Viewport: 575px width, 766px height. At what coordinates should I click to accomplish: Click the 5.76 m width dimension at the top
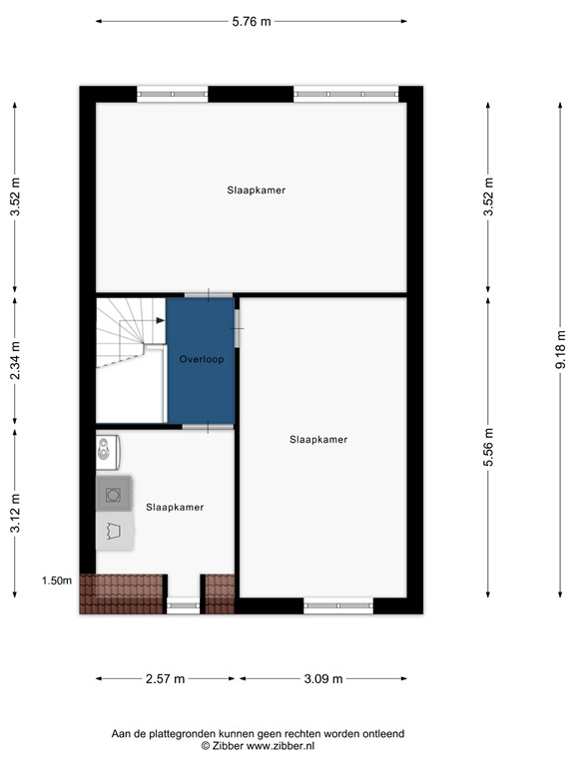tap(251, 21)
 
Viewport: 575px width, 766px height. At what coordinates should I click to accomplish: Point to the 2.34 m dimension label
tap(15, 363)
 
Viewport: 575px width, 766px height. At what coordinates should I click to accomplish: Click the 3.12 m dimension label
tap(15, 513)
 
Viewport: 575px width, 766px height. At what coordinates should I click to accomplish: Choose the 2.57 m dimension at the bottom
tap(166, 679)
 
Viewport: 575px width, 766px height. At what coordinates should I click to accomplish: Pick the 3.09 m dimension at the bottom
tap(323, 679)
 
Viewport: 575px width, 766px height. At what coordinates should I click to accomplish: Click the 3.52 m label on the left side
tap(15, 196)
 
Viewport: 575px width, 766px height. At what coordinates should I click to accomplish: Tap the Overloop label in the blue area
tap(201, 358)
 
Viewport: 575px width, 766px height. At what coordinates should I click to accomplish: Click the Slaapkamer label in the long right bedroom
tap(318, 439)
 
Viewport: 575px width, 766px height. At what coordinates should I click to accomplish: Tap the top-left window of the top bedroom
tap(173, 95)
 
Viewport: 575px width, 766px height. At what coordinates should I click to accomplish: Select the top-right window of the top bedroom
tap(346, 95)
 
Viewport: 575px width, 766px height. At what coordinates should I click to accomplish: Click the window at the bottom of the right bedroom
tap(338, 604)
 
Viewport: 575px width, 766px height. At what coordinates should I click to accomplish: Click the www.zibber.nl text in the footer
tap(281, 745)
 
